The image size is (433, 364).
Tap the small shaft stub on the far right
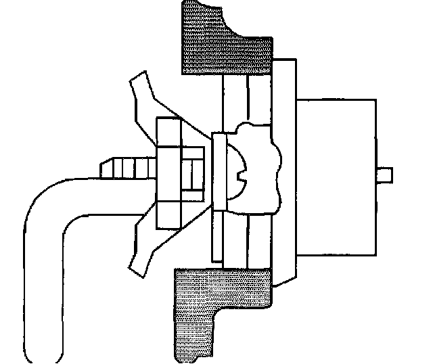tap(385, 173)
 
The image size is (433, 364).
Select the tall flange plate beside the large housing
tap(284, 169)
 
